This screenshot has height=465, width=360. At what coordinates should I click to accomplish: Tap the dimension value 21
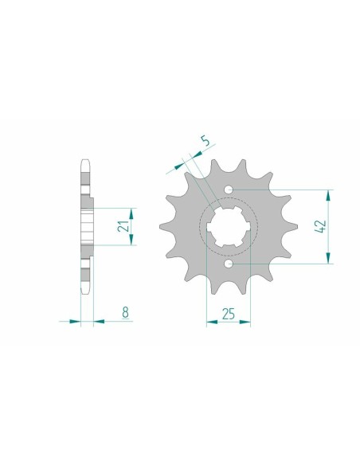124,227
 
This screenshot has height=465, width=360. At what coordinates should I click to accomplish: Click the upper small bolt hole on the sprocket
229,190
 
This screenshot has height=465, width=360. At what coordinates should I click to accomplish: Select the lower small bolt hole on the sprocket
229,263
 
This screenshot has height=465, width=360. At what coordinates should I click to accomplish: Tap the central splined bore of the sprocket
229,226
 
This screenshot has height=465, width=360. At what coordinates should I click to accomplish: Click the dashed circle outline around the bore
199,226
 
